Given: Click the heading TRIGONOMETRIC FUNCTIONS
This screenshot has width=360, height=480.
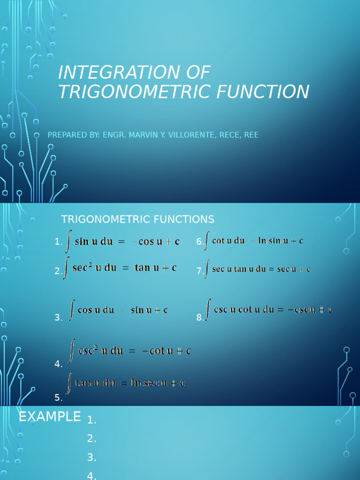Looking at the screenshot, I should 138,219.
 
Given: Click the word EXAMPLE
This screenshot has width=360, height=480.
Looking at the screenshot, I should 50,417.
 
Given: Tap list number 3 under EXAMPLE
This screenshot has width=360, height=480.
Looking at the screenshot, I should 91,457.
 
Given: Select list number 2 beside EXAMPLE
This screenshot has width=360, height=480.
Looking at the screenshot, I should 91,439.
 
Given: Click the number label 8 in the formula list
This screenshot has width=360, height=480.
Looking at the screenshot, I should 199,318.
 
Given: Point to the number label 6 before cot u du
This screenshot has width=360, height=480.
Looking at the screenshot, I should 199,242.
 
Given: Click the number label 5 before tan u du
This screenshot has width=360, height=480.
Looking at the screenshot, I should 58,397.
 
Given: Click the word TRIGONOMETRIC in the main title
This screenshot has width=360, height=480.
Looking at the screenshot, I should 133,91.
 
